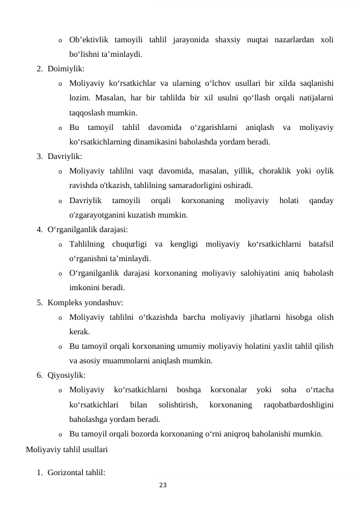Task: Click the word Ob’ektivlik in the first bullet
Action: click(x=89, y=40)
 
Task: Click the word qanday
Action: click(x=321, y=200)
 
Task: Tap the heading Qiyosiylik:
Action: click(x=68, y=375)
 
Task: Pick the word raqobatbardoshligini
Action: click(x=298, y=404)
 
